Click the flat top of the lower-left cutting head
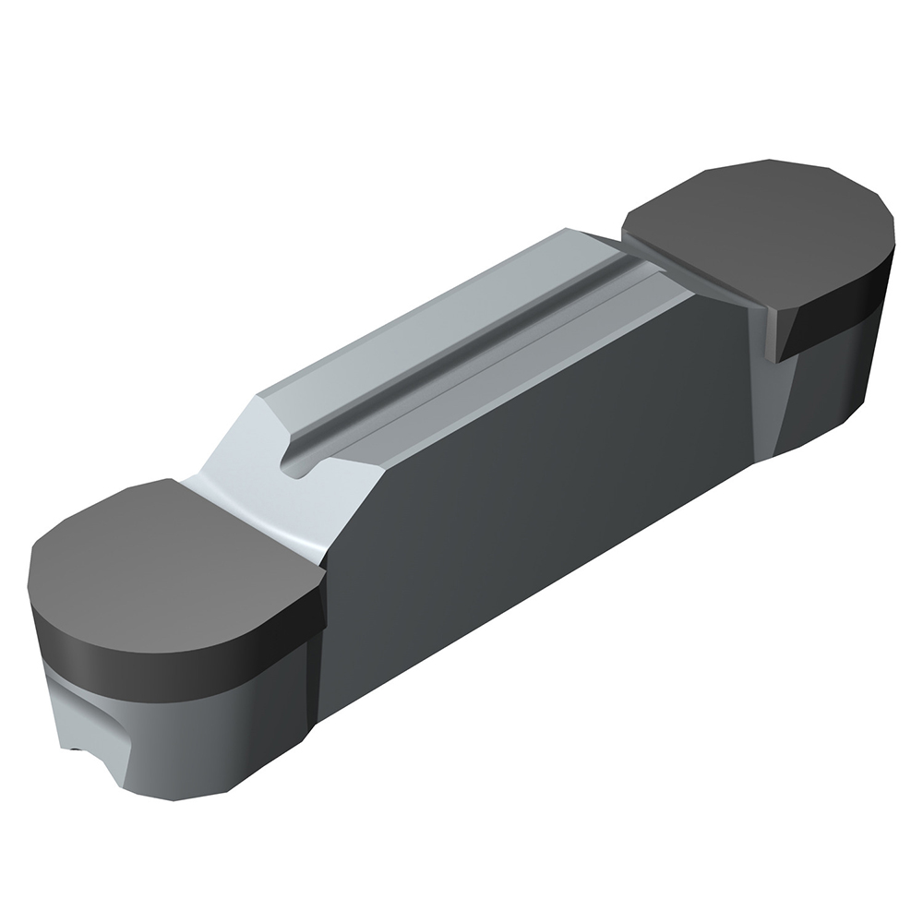tap(166, 563)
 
